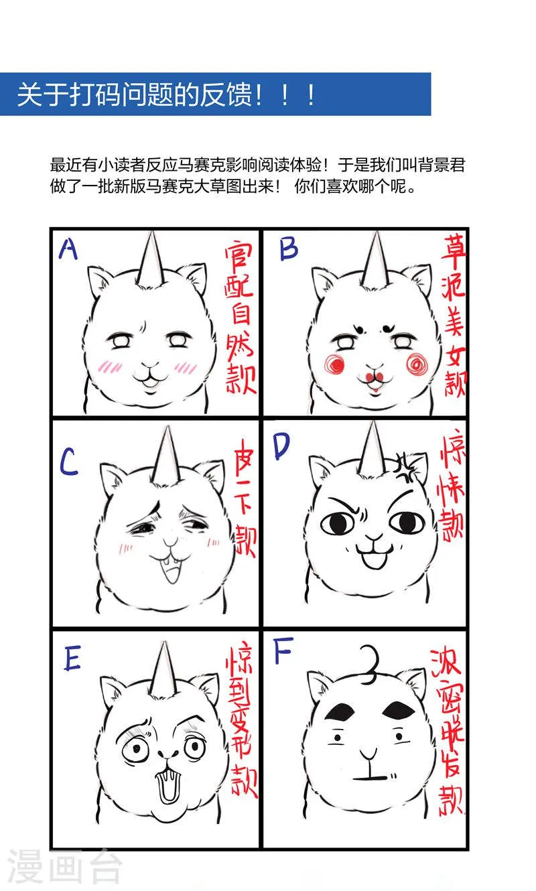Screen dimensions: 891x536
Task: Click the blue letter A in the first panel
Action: (x=68, y=249)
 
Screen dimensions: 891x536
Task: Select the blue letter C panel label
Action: (x=70, y=462)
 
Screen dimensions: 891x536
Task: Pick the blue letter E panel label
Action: (x=72, y=660)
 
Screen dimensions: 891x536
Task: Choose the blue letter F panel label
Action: (x=281, y=655)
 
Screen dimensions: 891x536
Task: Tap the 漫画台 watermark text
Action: (x=65, y=868)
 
